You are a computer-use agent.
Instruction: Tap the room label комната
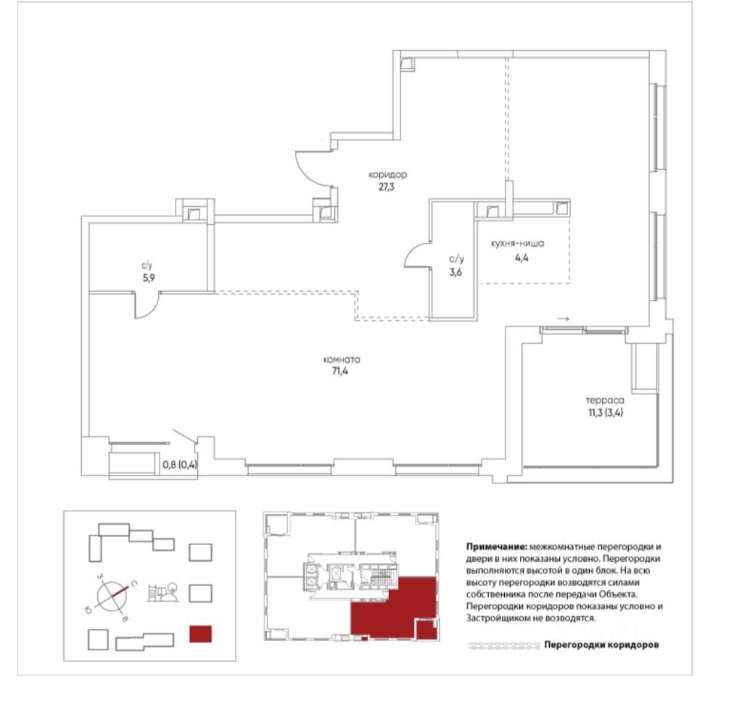342,360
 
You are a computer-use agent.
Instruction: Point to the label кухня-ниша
516,244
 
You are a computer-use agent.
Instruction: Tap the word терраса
605,399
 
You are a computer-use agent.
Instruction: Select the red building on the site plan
199,634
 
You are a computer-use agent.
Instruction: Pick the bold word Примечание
498,544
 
